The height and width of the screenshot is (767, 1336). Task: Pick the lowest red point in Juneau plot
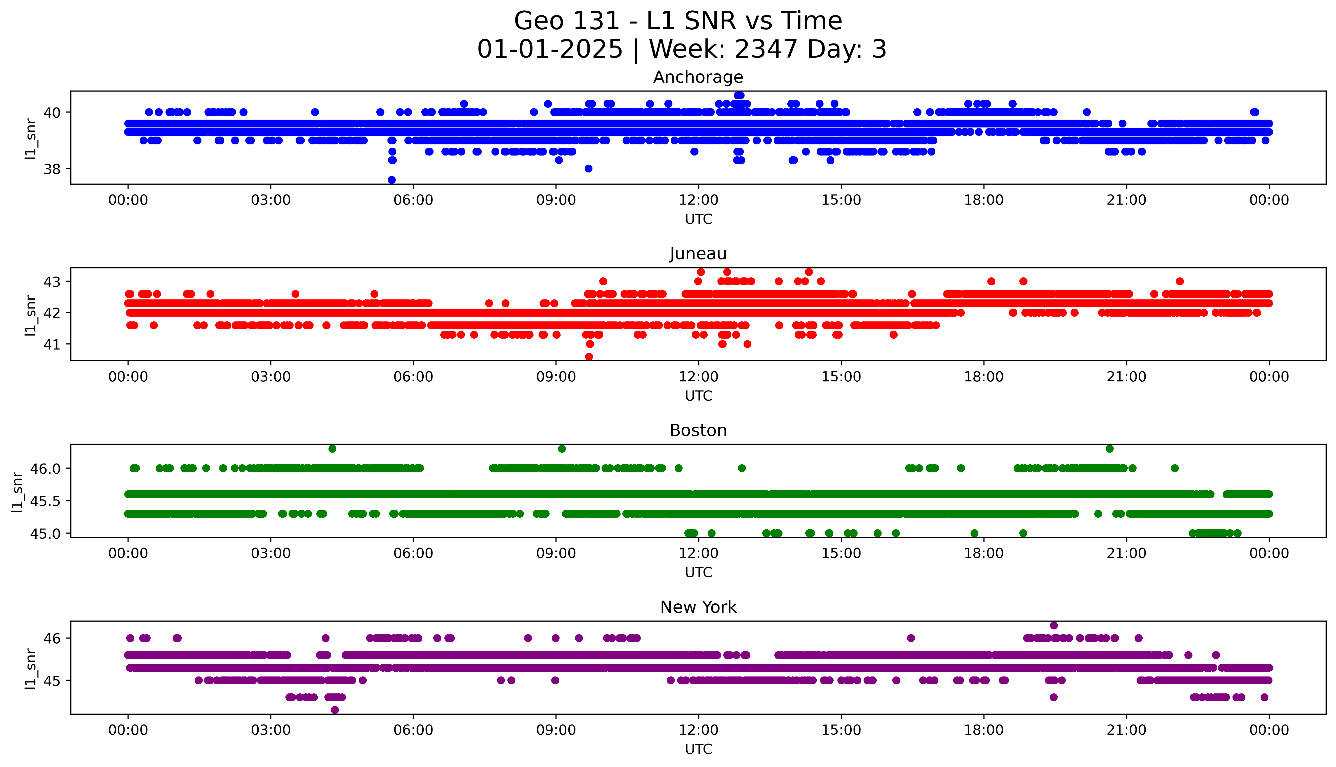point(589,357)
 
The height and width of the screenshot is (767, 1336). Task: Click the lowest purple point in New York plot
point(335,710)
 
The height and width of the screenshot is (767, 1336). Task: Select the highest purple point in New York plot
point(1054,625)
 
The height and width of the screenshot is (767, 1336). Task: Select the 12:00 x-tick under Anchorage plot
point(698,200)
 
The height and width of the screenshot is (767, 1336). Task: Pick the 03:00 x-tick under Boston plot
point(271,553)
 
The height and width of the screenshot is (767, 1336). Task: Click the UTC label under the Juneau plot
point(698,396)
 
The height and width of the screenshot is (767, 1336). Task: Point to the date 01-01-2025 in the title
point(550,50)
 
